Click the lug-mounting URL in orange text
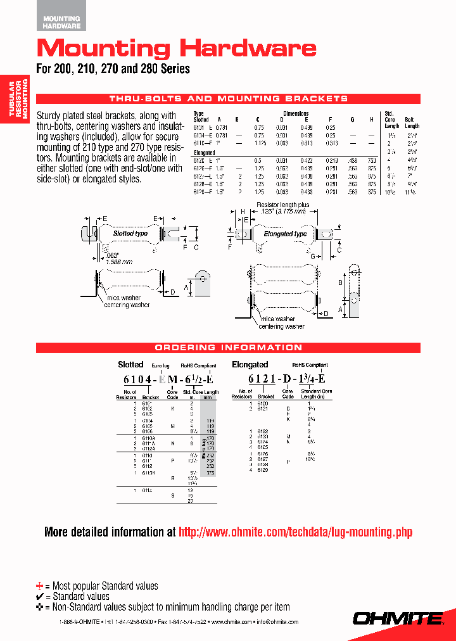point(296,532)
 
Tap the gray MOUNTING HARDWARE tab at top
point(61,23)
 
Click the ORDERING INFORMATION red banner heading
point(229,348)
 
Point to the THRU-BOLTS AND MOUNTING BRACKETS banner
point(229,99)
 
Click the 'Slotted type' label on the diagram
point(130,233)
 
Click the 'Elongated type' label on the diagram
point(285,234)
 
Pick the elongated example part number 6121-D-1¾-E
point(287,379)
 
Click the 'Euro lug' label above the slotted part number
point(160,366)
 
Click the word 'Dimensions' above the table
point(295,113)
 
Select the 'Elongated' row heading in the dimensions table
point(205,153)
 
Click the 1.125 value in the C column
point(258,143)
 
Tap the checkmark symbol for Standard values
point(41,597)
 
